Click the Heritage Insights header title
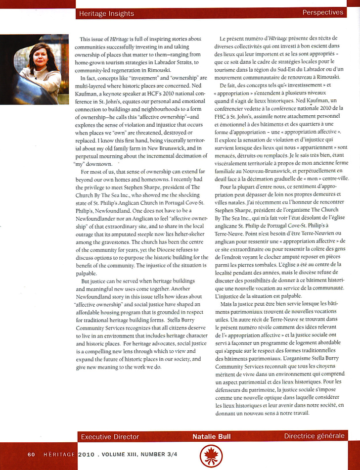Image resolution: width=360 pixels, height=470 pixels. [x=106, y=13]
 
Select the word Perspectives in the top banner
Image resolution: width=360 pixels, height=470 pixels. [x=322, y=12]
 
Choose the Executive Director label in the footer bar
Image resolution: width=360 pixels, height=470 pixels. [x=110, y=436]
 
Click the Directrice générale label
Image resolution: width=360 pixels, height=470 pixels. [x=314, y=436]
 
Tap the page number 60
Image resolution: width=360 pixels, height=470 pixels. [x=31, y=454]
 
